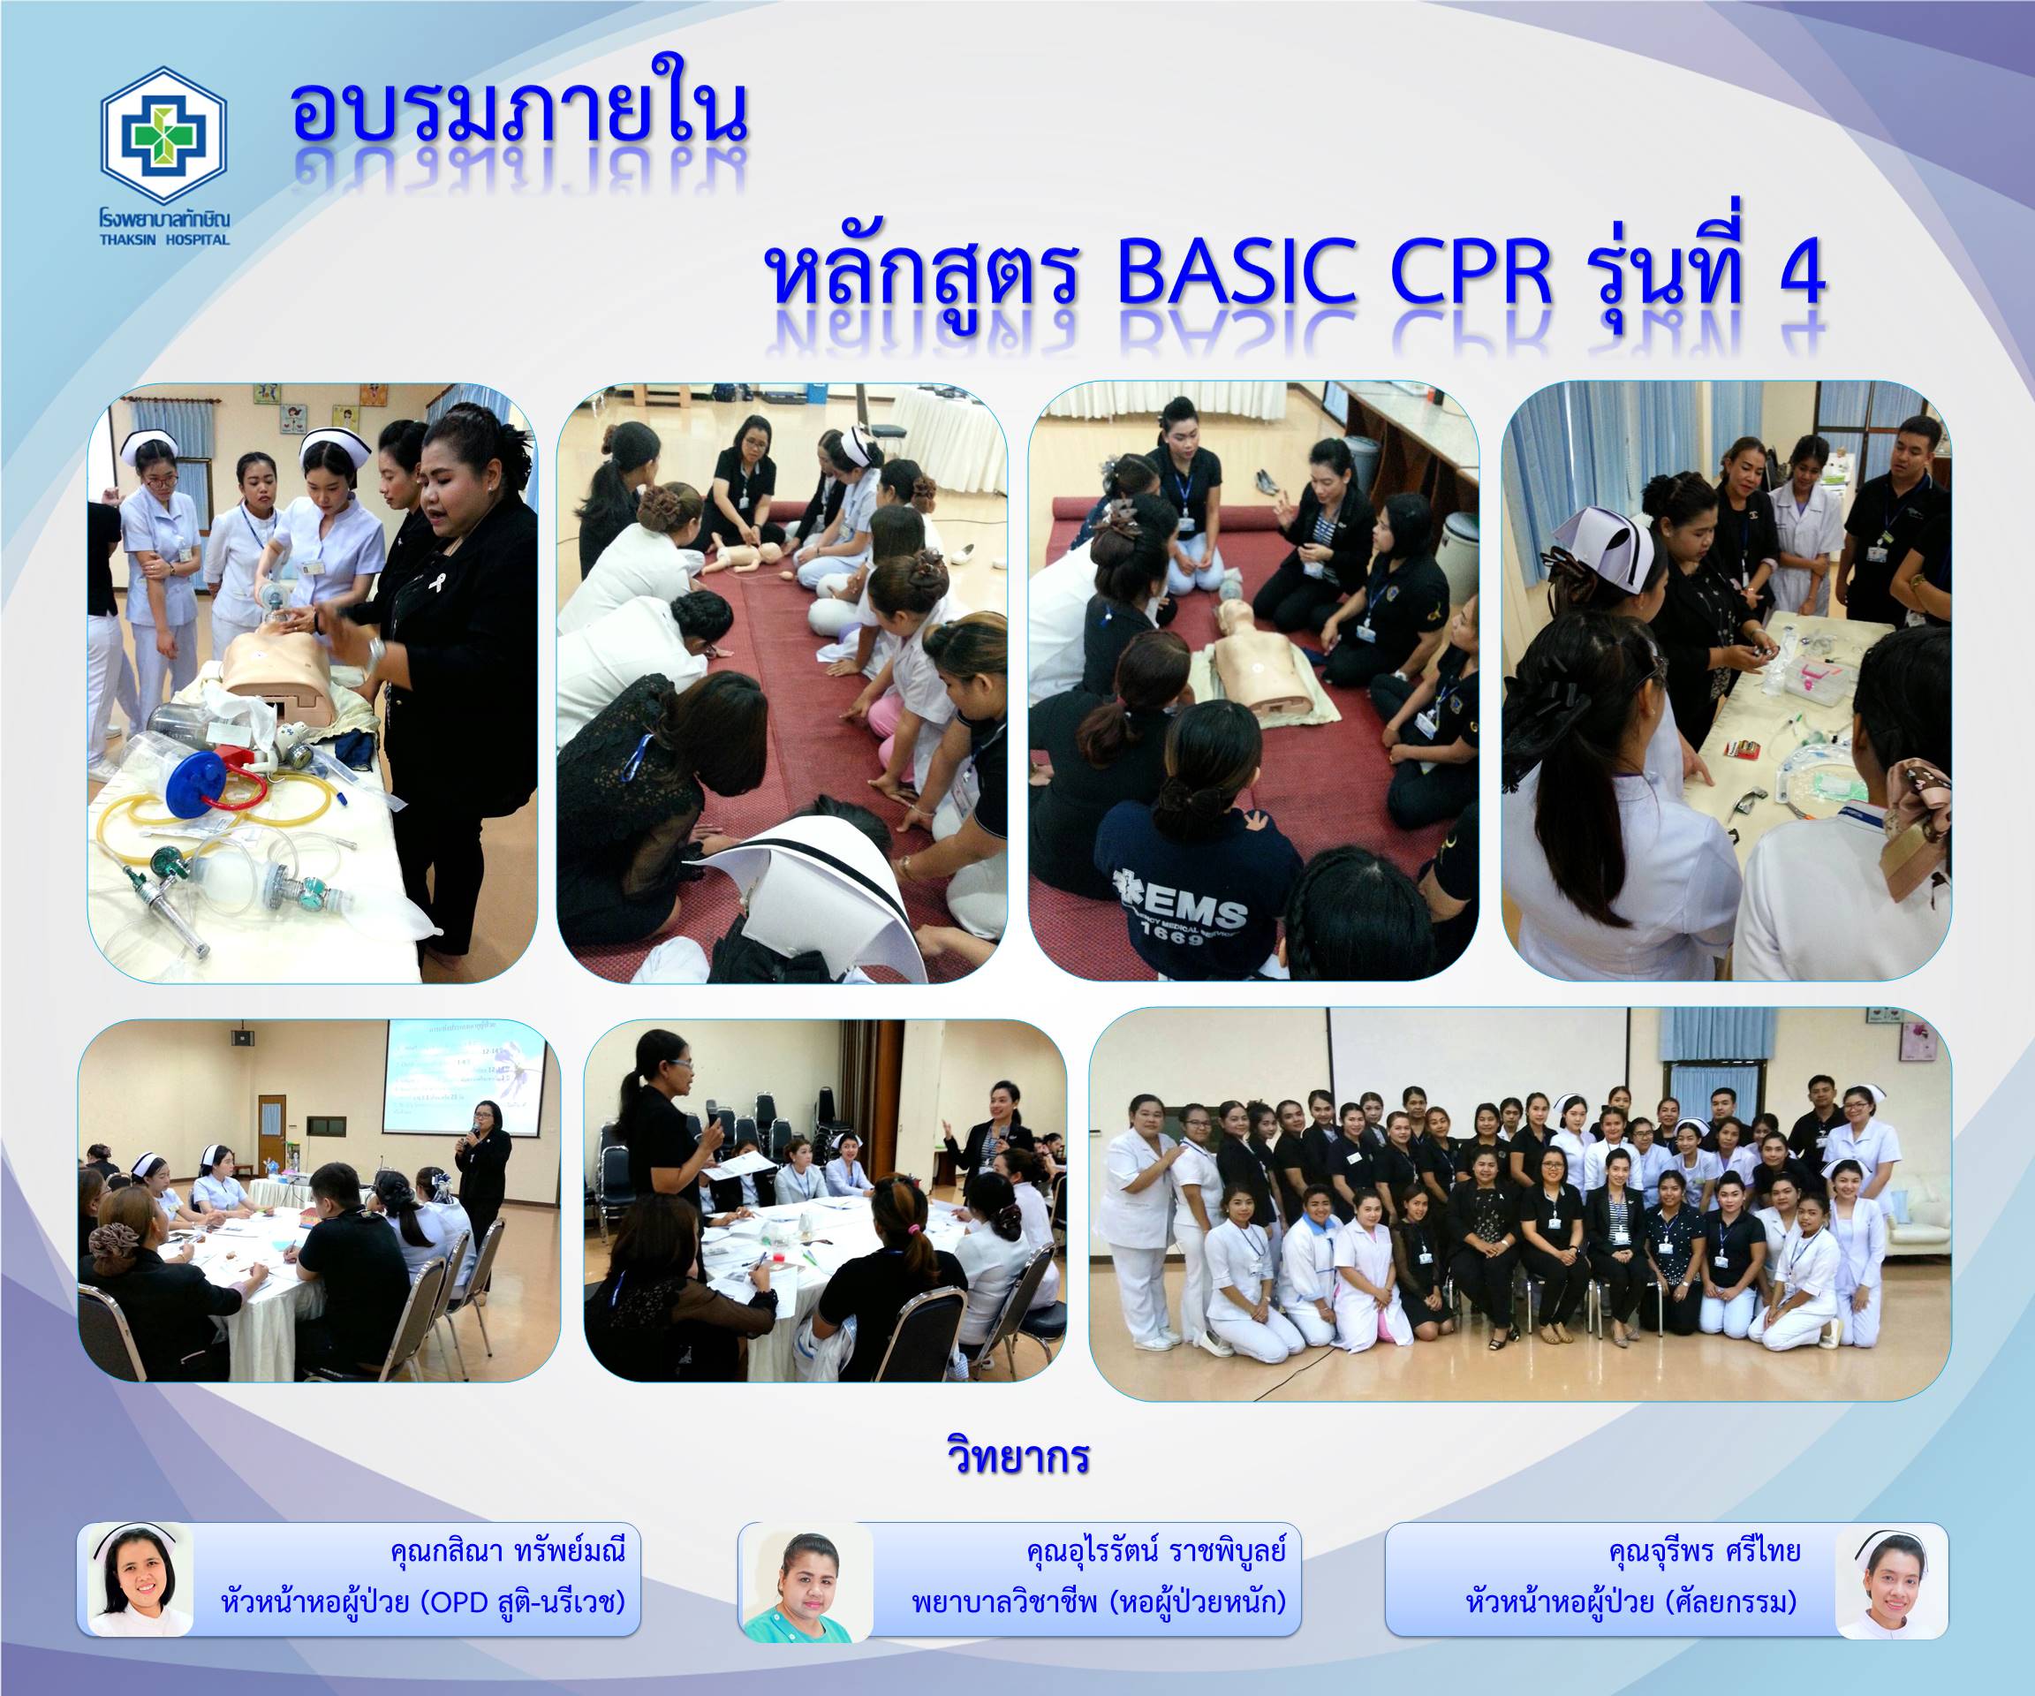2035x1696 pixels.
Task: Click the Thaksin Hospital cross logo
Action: coord(163,135)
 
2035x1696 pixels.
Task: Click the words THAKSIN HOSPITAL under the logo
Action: coord(163,239)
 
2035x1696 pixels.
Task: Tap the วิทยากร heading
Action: coord(1017,1457)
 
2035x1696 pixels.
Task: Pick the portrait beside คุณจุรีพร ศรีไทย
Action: coord(1892,1582)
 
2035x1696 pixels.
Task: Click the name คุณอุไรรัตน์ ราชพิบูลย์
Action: coord(1155,1552)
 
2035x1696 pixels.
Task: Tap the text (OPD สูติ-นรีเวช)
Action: coord(521,1602)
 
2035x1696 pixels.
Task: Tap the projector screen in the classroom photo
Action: coord(461,1075)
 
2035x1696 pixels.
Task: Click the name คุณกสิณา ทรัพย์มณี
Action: coord(508,1552)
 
